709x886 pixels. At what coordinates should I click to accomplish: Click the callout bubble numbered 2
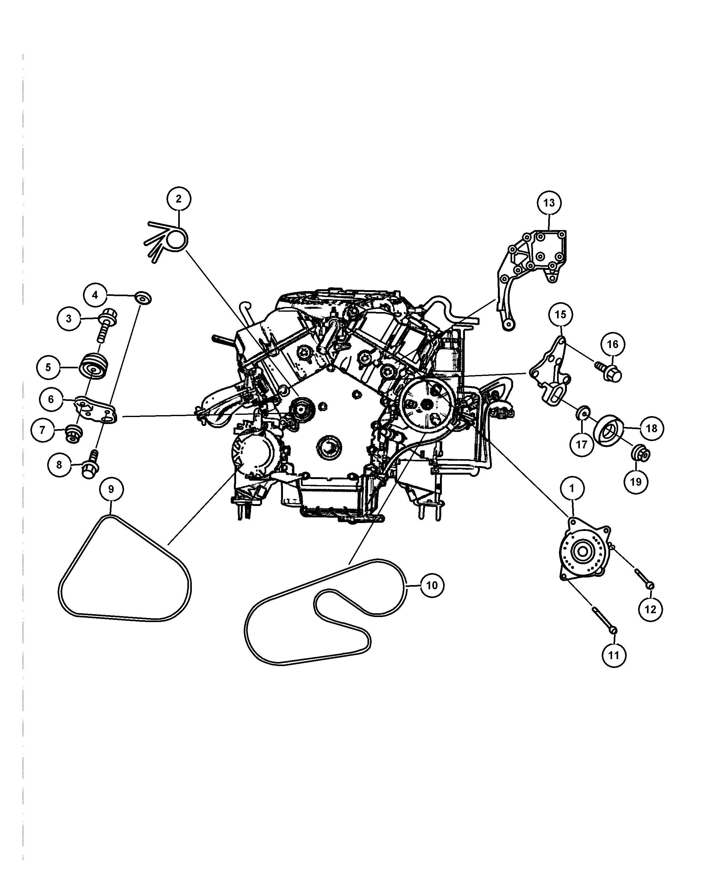[x=179, y=199]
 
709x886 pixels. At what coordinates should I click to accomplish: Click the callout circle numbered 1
[x=572, y=488]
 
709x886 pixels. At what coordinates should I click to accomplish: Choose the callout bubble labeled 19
[x=636, y=482]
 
